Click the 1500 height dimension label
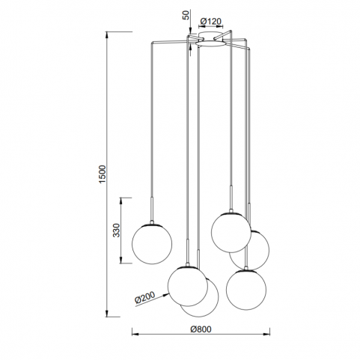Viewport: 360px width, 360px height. tap(103, 174)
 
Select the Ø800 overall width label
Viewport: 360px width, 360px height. tap(201, 329)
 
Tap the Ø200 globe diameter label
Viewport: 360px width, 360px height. tap(144, 297)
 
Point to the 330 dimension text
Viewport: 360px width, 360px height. tap(117, 231)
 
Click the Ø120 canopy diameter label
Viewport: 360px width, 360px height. tap(211, 22)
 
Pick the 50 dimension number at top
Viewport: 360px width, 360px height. tap(186, 15)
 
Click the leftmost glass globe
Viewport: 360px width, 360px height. tap(152, 244)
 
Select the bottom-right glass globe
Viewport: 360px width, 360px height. tap(246, 290)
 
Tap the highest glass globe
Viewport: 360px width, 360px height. tap(231, 232)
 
